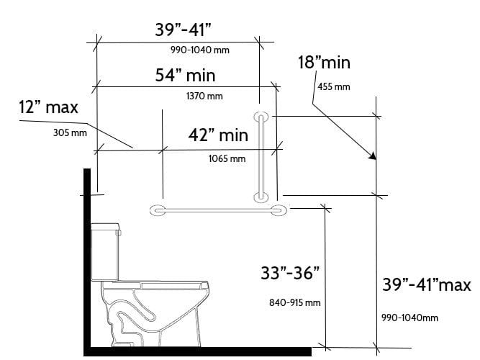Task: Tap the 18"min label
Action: [324, 63]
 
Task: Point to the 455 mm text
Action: [333, 86]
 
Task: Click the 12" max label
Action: [48, 108]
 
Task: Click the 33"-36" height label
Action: [290, 274]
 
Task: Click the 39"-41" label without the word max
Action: [183, 30]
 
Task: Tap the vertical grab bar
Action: [262, 156]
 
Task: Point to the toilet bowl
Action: [155, 302]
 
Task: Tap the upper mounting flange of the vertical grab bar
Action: [261, 117]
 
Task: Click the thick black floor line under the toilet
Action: [198, 351]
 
